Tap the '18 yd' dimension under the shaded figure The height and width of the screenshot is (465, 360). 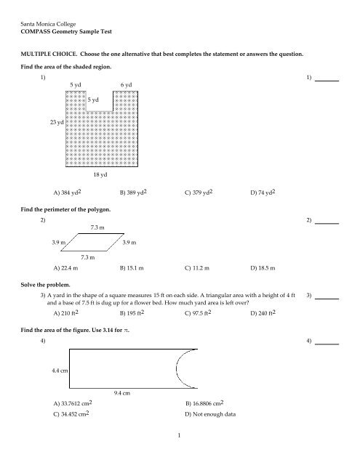click(101, 175)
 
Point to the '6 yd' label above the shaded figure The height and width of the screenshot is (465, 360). click(126, 85)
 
